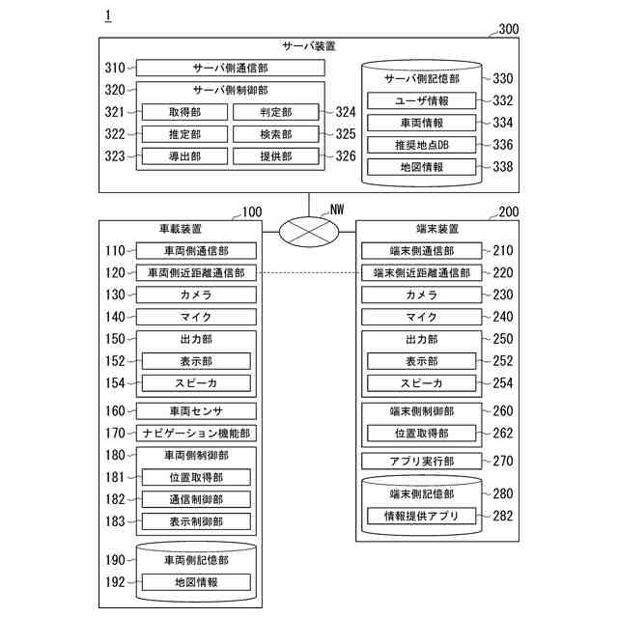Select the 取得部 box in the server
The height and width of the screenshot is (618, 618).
pyautogui.click(x=183, y=112)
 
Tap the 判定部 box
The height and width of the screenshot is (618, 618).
pyautogui.click(x=275, y=112)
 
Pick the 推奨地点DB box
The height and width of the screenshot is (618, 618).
pyautogui.click(x=421, y=145)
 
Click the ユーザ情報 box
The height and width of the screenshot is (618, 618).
pyautogui.click(x=421, y=100)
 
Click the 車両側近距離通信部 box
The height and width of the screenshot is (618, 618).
pyautogui.click(x=196, y=272)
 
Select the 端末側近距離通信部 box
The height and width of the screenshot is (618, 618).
pyautogui.click(x=421, y=272)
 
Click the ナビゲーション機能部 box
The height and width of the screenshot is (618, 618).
pyautogui.click(x=196, y=434)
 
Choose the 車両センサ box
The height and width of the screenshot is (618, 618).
pyautogui.click(x=196, y=411)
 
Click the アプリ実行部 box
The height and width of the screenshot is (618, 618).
pyautogui.click(x=421, y=461)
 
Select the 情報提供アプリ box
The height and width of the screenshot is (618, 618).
pyautogui.click(x=421, y=516)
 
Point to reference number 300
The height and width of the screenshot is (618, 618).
pyautogui.click(x=508, y=29)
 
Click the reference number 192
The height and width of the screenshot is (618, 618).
pyautogui.click(x=115, y=582)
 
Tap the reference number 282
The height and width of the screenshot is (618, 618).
pyautogui.click(x=503, y=516)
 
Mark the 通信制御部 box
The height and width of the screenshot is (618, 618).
pyautogui.click(x=196, y=499)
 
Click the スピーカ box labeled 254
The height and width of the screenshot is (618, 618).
pyautogui.click(x=421, y=383)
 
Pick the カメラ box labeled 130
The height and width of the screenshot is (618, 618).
pyautogui.click(x=196, y=295)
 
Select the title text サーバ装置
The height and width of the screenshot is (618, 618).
pyautogui.click(x=309, y=45)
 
